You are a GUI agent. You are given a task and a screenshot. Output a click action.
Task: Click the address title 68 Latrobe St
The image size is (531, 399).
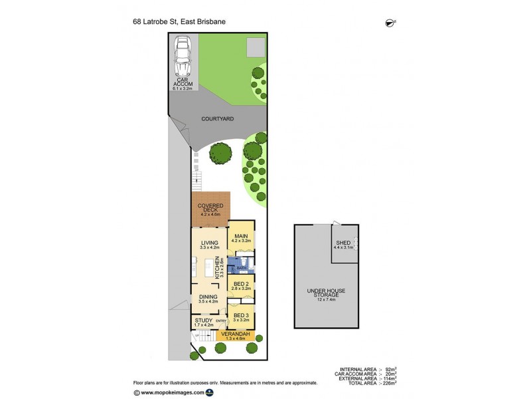(x=179, y=21)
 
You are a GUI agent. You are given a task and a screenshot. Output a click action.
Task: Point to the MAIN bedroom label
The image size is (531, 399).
(x=241, y=236)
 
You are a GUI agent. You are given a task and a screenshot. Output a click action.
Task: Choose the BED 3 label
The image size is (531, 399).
(x=240, y=317)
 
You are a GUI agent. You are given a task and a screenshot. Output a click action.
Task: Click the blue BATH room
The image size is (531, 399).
(x=233, y=268)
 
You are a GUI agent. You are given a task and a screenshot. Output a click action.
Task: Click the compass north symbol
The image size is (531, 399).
(x=389, y=23)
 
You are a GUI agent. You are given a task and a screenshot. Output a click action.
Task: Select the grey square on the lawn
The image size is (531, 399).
(x=256, y=47)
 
